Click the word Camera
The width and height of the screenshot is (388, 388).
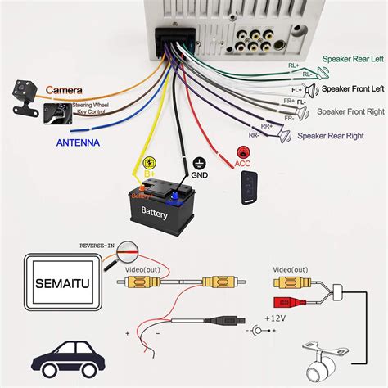click(x=63, y=89)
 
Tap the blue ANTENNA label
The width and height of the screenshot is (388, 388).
click(x=79, y=142)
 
